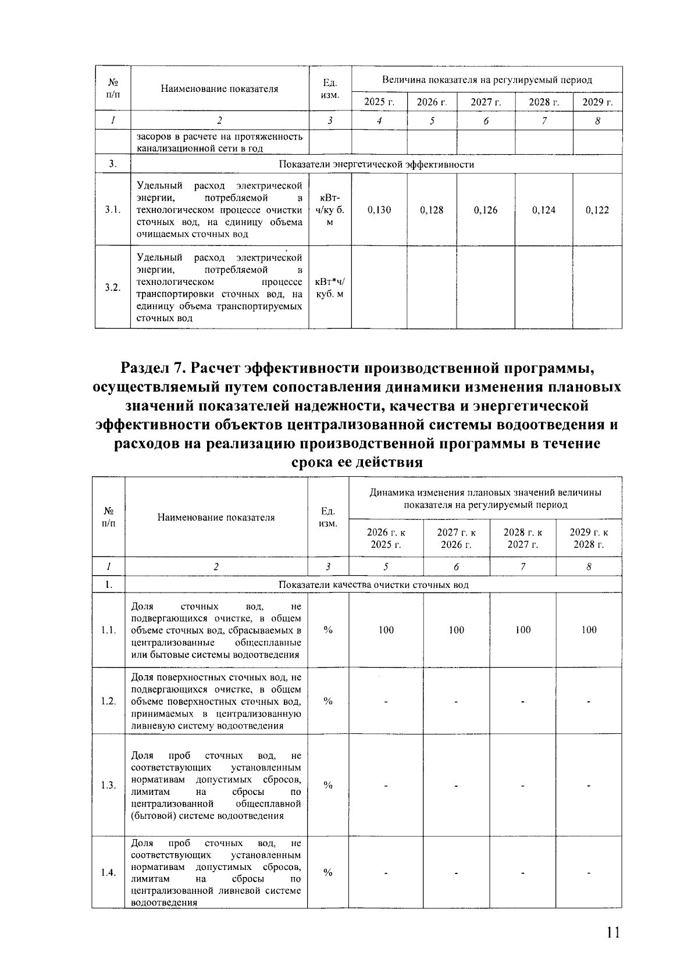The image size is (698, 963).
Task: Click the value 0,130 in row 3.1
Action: pos(379,210)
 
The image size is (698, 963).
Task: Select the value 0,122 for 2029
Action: pos(597,210)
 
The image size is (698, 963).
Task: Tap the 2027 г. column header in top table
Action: pos(486,102)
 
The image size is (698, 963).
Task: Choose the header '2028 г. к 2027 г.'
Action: pos(522,538)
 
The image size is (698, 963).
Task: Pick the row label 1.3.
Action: pos(108,785)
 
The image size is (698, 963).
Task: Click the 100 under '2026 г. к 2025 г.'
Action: pos(386,630)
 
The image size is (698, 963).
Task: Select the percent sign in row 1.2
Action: pos(328,701)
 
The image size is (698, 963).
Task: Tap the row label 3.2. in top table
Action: pos(113,288)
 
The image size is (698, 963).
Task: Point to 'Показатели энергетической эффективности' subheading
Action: pos(376,165)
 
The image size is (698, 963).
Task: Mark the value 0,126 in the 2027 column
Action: pos(486,210)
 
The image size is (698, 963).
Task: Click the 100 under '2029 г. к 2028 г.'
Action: pos(589,630)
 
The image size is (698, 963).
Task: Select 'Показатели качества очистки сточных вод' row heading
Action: pos(373,584)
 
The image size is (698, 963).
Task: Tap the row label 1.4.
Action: pos(108,872)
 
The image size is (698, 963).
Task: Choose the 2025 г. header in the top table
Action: pos(379,102)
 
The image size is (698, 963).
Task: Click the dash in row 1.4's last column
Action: pos(589,873)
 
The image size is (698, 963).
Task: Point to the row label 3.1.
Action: pos(113,210)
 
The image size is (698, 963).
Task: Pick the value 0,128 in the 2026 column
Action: pos(432,210)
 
